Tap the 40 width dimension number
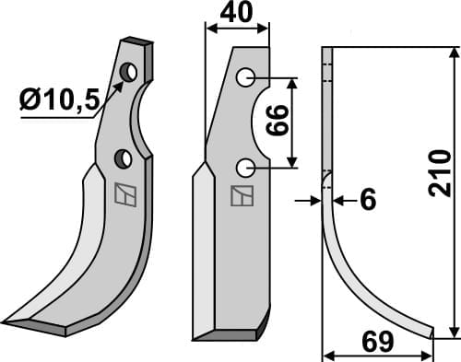237,15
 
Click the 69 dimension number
375,342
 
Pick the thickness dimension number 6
367,199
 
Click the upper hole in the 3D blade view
130,71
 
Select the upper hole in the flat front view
244,78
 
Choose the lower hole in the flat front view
244,168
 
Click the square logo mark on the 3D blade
122,195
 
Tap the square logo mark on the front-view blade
241,197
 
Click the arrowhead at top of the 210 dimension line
452,52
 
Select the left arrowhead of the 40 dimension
209,29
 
